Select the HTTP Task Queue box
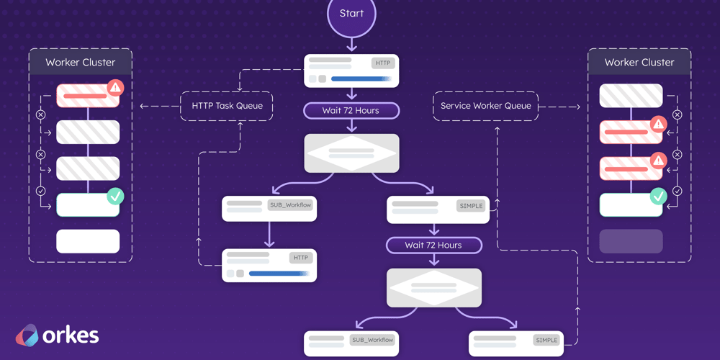pyautogui.click(x=227, y=106)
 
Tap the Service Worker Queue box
pyautogui.click(x=485, y=106)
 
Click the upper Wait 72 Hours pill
pyautogui.click(x=351, y=110)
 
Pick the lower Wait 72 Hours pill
pyautogui.click(x=433, y=245)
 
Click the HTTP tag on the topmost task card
pyautogui.click(x=382, y=63)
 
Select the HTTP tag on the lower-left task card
pyautogui.click(x=300, y=257)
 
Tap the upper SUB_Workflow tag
pyautogui.click(x=290, y=205)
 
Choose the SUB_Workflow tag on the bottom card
pyautogui.click(x=372, y=340)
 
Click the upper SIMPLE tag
pyautogui.click(x=471, y=206)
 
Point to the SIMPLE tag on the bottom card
pyautogui.click(x=546, y=340)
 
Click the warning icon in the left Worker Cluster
pyautogui.click(x=115, y=88)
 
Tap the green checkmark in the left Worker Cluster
pyautogui.click(x=115, y=196)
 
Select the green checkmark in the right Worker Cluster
pyautogui.click(x=658, y=196)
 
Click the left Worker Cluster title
pyautogui.click(x=80, y=63)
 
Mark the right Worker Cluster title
pyautogui.click(x=639, y=63)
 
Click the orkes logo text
pyautogui.click(x=71, y=336)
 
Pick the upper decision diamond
pyautogui.click(x=351, y=153)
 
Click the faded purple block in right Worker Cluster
pyautogui.click(x=631, y=241)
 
